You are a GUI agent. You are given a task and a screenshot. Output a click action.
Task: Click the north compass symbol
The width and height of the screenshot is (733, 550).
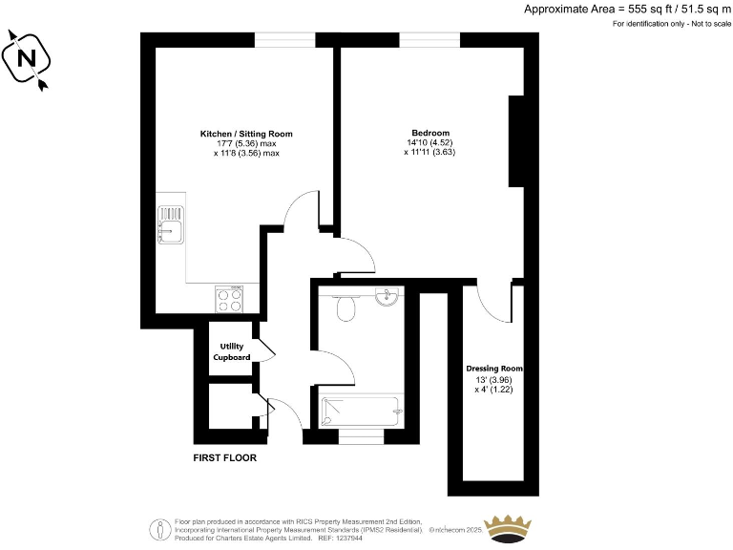(29, 59)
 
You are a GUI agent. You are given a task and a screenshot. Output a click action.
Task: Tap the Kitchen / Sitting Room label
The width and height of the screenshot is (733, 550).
(246, 134)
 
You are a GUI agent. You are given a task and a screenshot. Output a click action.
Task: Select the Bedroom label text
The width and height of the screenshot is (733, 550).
(430, 133)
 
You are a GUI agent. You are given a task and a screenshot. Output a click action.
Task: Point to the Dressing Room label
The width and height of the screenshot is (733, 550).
(494, 369)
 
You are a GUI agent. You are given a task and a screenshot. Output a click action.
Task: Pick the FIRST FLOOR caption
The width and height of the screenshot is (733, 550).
(224, 457)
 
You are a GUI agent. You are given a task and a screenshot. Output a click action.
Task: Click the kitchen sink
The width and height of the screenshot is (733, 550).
(171, 225)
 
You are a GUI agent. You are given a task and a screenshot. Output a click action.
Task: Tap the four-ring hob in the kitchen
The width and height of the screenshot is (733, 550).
(230, 302)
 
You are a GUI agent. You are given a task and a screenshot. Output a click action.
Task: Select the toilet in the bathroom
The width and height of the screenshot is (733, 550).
(347, 307)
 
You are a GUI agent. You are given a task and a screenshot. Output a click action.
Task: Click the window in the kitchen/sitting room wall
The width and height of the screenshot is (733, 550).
(284, 39)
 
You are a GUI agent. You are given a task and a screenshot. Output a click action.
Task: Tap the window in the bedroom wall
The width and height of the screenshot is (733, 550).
(429, 39)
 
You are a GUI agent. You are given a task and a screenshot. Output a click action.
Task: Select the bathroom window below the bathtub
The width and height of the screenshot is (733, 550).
(362, 436)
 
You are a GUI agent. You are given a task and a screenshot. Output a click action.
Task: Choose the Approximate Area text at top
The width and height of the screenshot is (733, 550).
(625, 9)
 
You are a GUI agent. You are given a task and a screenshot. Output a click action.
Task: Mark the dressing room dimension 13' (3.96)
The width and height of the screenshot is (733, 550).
(494, 380)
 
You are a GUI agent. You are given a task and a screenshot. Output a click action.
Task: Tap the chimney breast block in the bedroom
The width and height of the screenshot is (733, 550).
(517, 140)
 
